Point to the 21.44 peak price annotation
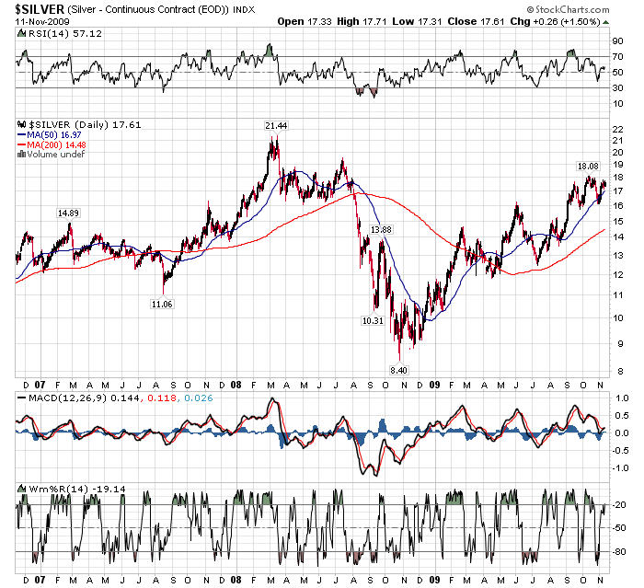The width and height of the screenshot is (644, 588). (275, 125)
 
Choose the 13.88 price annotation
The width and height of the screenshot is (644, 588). (381, 228)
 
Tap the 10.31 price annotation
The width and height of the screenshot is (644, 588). (373, 320)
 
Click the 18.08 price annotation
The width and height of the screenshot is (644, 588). (587, 167)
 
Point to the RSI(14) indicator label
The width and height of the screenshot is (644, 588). (46, 31)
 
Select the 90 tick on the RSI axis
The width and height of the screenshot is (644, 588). (618, 41)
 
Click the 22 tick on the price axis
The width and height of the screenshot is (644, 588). (618, 128)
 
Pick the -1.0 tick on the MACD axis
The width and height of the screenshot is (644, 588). (620, 467)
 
